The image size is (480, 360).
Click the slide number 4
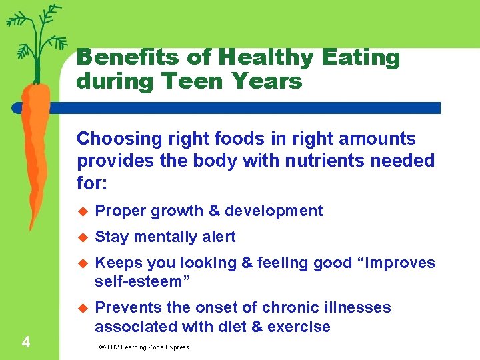(25, 343)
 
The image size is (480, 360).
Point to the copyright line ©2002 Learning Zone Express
(143, 347)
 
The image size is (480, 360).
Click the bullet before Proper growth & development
(83, 211)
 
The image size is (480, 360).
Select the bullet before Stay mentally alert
(83, 237)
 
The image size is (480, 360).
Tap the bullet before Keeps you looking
(83, 263)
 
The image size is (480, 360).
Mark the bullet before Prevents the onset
(83, 308)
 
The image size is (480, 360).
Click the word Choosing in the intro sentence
(110, 139)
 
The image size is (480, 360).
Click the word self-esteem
(142, 282)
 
